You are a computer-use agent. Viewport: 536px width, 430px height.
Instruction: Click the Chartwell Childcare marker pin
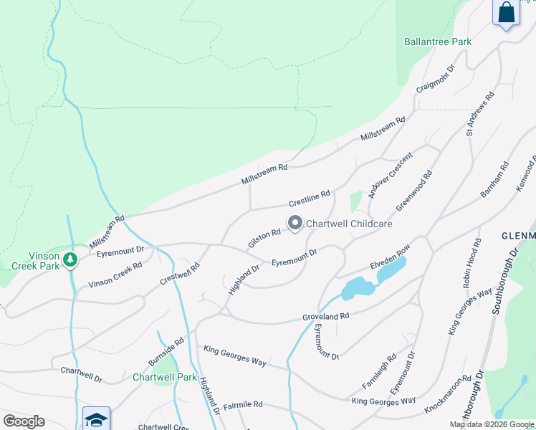click(x=295, y=224)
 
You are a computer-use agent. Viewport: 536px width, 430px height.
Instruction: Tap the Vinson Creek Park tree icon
click(x=70, y=259)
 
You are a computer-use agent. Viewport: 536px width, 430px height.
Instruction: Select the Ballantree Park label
click(x=437, y=42)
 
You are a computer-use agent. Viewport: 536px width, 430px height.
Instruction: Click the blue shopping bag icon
click(x=506, y=13)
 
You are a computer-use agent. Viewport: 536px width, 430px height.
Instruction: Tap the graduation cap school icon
click(x=96, y=419)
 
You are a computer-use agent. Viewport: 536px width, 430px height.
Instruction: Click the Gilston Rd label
click(x=264, y=239)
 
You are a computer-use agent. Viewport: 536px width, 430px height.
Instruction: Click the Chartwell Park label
click(x=164, y=377)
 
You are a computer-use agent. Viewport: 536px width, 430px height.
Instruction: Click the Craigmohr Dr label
click(x=436, y=80)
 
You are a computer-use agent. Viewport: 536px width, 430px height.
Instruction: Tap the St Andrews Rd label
click(x=480, y=113)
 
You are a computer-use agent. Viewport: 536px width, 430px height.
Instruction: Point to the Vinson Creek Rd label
click(x=115, y=274)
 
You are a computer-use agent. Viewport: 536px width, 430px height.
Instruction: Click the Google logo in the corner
click(x=24, y=421)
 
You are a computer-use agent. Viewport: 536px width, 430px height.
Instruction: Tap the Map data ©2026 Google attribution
click(x=492, y=424)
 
